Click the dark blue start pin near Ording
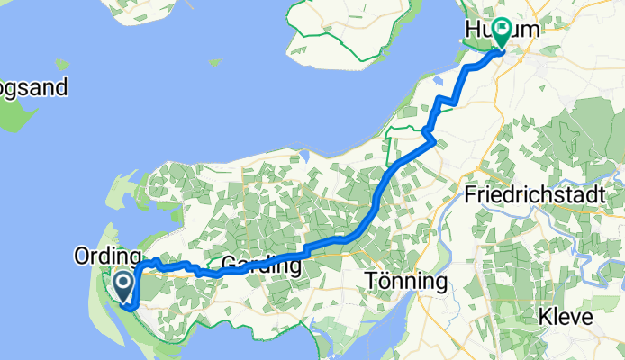pyautogui.click(x=122, y=285)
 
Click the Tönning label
pyautogui.click(x=407, y=282)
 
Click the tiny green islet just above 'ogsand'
pyautogui.click(x=60, y=65)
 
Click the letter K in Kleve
pyautogui.click(x=543, y=318)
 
